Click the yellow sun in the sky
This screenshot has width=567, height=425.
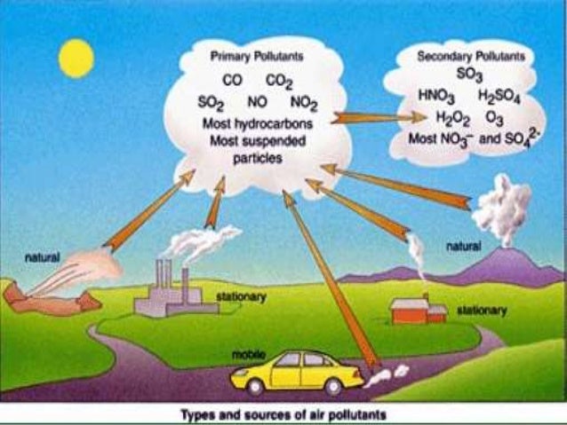[76, 58]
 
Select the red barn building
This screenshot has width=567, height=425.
[418, 310]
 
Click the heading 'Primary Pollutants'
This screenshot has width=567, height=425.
[256, 56]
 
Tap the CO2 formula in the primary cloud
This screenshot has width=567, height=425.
[279, 81]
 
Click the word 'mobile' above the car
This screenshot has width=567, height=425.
[248, 352]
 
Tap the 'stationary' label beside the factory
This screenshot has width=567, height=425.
[240, 298]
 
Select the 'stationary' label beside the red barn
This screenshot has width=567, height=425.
[481, 311]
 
